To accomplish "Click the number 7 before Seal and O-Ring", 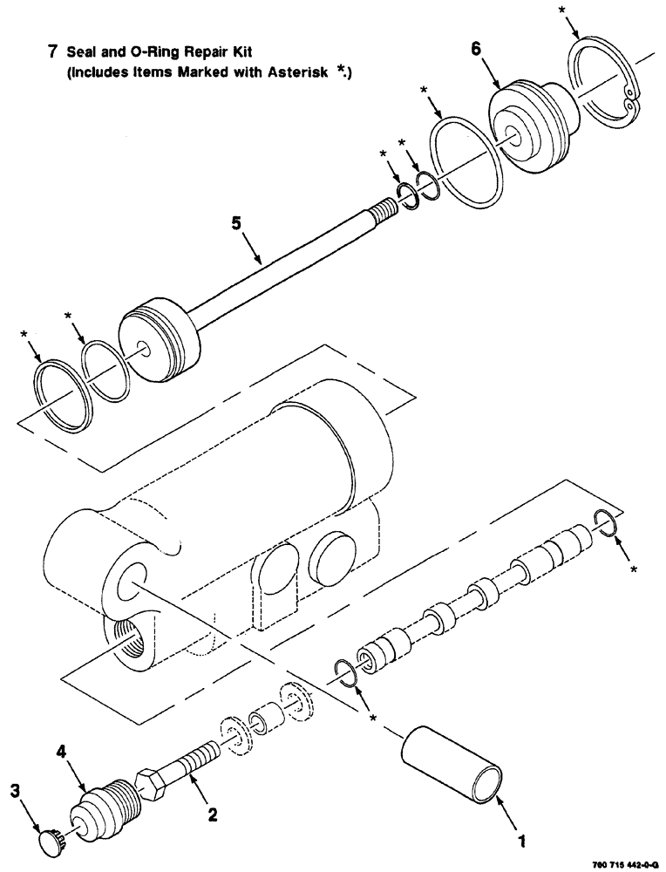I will (53, 52).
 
